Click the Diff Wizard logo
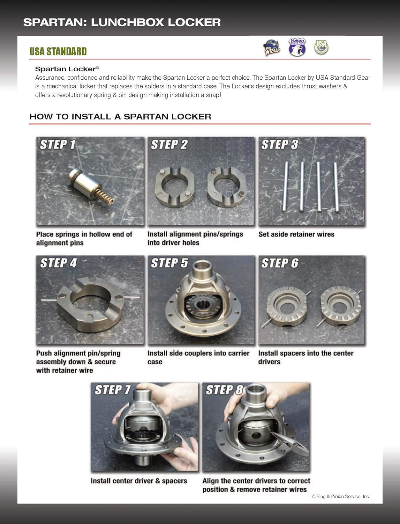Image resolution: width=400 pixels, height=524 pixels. pos(272,48)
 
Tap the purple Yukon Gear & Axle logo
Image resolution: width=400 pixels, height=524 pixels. pos(297,47)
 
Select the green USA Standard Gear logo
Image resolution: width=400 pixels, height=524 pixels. pos(321,47)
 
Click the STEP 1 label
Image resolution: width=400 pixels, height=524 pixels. pos(58,145)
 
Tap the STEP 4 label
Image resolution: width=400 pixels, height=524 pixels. pos(58,263)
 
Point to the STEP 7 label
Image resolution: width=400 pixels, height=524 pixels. pos(113,390)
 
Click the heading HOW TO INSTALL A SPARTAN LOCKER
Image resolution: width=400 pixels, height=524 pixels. pos(120,117)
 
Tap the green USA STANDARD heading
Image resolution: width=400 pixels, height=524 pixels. pos(58,51)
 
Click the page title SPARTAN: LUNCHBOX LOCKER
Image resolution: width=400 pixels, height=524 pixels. pos(122,22)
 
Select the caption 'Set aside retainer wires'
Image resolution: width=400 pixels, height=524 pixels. pos(296,234)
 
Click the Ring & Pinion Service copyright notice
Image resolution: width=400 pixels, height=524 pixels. pos(340,496)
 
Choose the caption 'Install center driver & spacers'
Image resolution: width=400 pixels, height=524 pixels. pos(139,481)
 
